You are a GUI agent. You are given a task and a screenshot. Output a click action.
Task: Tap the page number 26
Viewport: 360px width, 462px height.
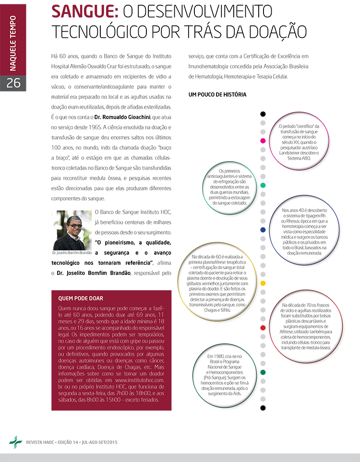[13, 83]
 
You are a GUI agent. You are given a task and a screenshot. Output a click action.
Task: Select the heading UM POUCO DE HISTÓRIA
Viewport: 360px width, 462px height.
[217, 95]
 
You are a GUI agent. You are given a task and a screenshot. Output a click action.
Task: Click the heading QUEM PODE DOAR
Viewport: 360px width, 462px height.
[80, 298]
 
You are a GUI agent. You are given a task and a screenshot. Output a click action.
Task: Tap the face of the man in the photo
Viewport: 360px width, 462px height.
[73, 226]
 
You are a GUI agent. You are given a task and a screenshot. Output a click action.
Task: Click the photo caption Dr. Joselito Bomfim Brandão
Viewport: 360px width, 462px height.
[72, 252]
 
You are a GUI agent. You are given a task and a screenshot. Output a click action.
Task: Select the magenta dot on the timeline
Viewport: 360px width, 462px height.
[263, 141]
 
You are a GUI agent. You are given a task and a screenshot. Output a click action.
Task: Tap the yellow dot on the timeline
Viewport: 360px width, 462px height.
[263, 284]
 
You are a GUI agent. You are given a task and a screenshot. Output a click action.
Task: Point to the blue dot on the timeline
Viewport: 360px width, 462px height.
[263, 230]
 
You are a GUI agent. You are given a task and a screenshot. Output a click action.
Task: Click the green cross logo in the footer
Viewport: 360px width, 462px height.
[15, 442]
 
